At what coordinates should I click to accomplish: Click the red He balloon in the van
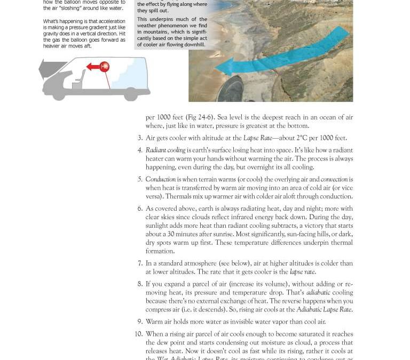[x=105, y=67]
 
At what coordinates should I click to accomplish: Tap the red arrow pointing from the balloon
[x=93, y=67]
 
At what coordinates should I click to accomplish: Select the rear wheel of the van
[x=129, y=95]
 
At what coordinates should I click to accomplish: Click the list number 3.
[x=140, y=138]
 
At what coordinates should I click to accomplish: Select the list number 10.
[x=139, y=334]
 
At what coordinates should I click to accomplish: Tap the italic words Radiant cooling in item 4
[x=165, y=150]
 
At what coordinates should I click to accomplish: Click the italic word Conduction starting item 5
[x=160, y=180]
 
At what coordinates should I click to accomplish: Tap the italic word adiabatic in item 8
[x=319, y=293]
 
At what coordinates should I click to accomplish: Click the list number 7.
[x=140, y=263]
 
